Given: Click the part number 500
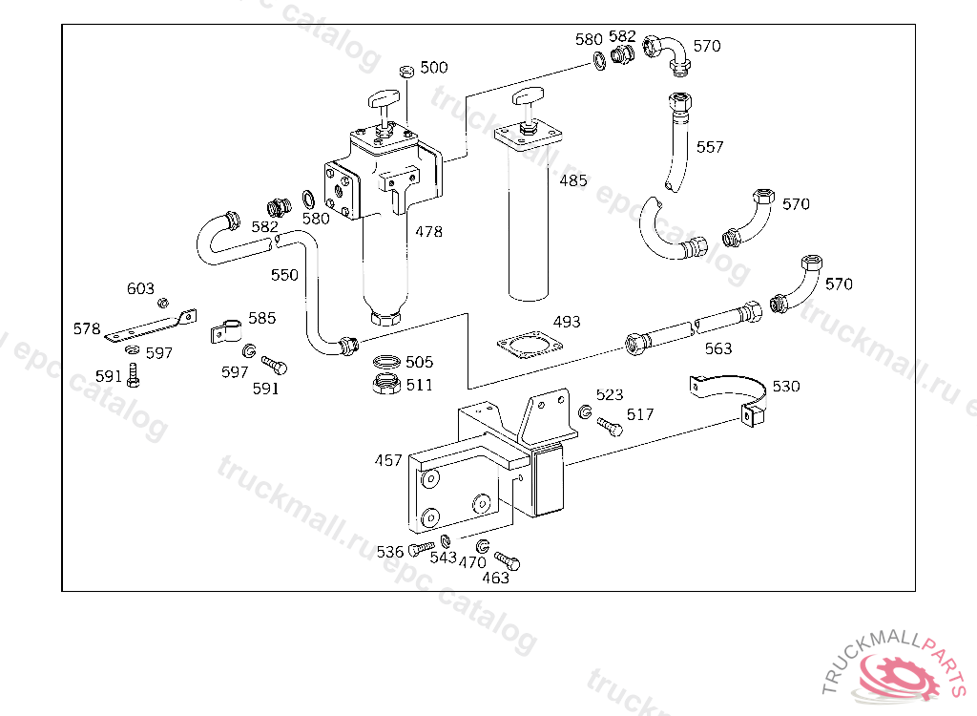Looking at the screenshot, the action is click(x=434, y=68).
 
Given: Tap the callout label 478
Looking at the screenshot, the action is click(x=428, y=231).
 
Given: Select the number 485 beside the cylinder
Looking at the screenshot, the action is click(x=572, y=180).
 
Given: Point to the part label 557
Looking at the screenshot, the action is click(x=710, y=147).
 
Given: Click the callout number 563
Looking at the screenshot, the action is click(x=717, y=348).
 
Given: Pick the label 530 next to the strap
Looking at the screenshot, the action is click(x=786, y=386).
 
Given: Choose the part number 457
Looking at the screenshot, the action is click(x=388, y=460).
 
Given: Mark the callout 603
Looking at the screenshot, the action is click(x=140, y=288).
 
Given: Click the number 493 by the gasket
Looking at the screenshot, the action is click(x=567, y=322).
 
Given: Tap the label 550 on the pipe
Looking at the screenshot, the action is click(x=284, y=275).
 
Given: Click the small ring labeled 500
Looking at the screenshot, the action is click(x=406, y=71).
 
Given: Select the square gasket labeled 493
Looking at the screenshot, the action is click(x=530, y=345).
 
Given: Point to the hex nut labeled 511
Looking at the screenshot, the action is click(x=386, y=384).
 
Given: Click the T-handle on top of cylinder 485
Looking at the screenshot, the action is click(x=528, y=97).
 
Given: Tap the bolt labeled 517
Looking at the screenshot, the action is click(x=610, y=427).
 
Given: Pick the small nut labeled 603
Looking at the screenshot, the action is click(x=162, y=304).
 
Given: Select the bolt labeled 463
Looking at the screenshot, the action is click(x=507, y=560).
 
